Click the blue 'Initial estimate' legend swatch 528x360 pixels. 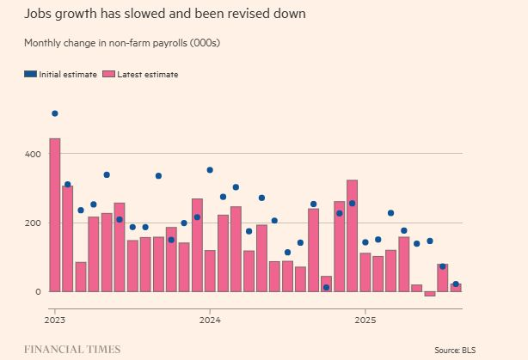coord(31,75)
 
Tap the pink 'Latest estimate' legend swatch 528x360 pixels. coord(107,75)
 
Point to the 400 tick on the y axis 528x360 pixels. coord(31,155)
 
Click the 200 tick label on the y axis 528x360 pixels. coord(31,223)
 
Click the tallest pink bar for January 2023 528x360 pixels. coord(55,215)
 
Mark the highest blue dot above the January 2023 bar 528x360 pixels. coord(55,113)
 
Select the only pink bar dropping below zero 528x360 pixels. coord(430,294)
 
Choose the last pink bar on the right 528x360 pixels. coord(456,288)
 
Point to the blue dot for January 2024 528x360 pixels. coord(210,170)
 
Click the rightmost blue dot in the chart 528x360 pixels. coord(456,284)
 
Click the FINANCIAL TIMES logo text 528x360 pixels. coord(72,350)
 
